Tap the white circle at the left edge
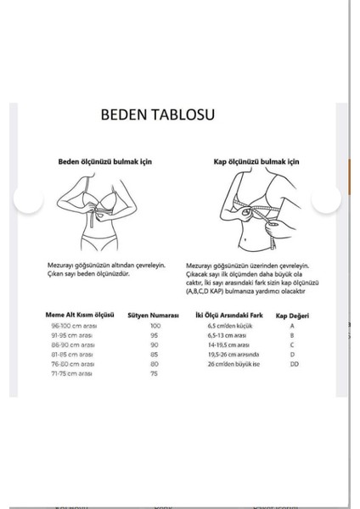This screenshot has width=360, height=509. click(x=29, y=200)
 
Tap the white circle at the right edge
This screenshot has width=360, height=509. click(x=326, y=200)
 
